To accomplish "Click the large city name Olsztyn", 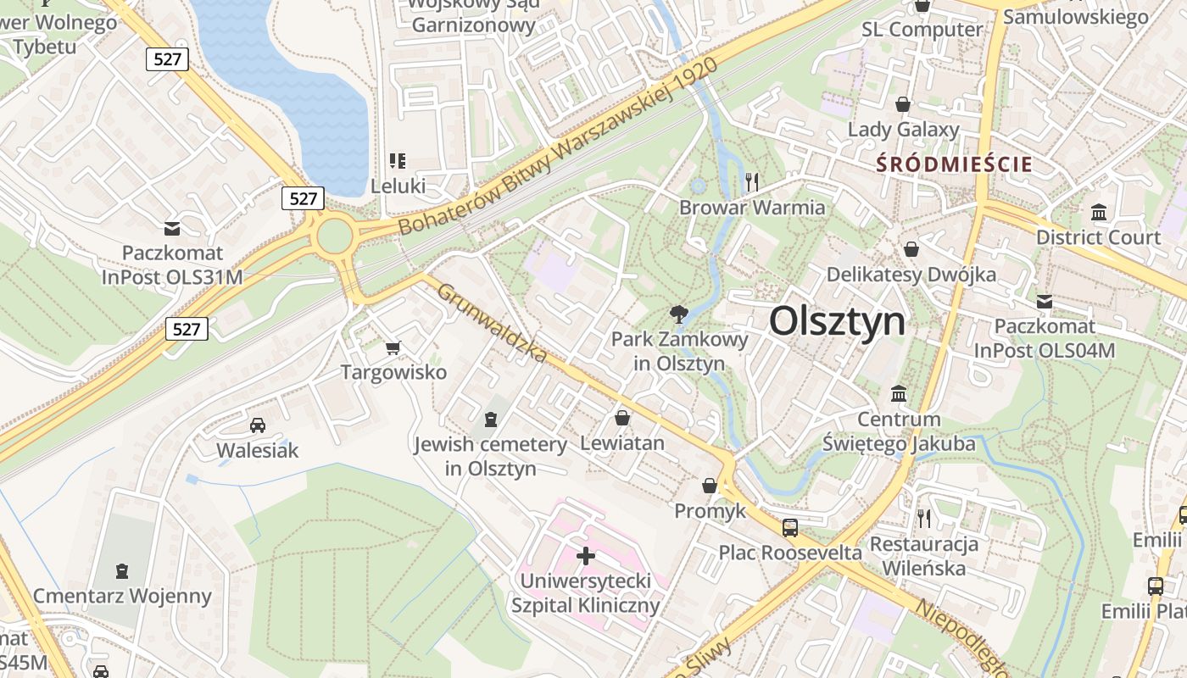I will (837, 322).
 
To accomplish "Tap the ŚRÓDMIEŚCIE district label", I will (955, 164).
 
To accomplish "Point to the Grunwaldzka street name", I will (493, 323).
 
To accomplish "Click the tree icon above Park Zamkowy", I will (678, 315).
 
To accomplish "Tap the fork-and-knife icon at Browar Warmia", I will (750, 181).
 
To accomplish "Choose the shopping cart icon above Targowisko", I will (393, 347).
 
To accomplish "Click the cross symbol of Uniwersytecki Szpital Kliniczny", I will (585, 556).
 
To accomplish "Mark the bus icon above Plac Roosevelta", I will (790, 528).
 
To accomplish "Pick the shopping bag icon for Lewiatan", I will (622, 418).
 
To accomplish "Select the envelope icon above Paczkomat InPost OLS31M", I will (173, 228).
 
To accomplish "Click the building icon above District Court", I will (1099, 212).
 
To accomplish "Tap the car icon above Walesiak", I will (257, 425).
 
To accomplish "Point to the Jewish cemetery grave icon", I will (490, 419).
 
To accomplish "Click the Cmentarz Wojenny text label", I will (122, 596).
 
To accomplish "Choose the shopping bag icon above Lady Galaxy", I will (903, 104).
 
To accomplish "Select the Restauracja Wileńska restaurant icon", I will (924, 518).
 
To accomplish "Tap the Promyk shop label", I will (710, 511).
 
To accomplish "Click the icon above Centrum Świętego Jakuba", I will (899, 394).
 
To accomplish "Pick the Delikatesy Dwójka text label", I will (911, 275).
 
